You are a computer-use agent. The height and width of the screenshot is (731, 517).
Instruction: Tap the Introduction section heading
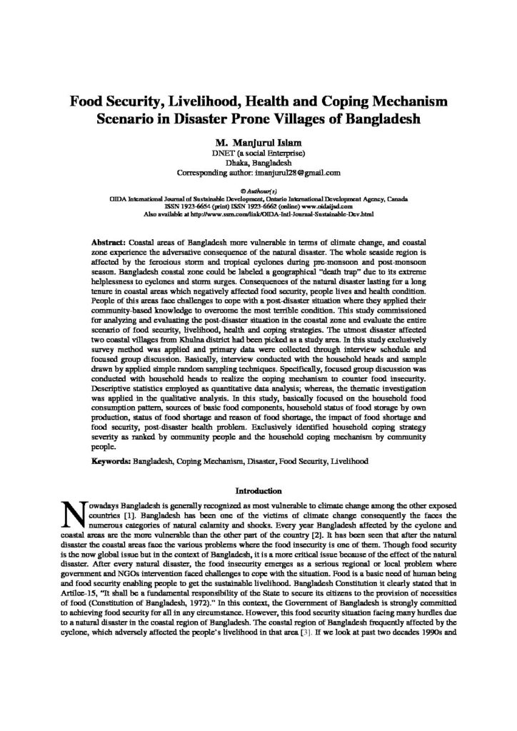[258, 491]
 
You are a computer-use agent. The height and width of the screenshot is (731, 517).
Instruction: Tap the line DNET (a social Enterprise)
[258, 153]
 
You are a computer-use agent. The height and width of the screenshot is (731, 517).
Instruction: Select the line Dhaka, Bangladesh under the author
[258, 163]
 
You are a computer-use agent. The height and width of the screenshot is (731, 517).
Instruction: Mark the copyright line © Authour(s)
[258, 192]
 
